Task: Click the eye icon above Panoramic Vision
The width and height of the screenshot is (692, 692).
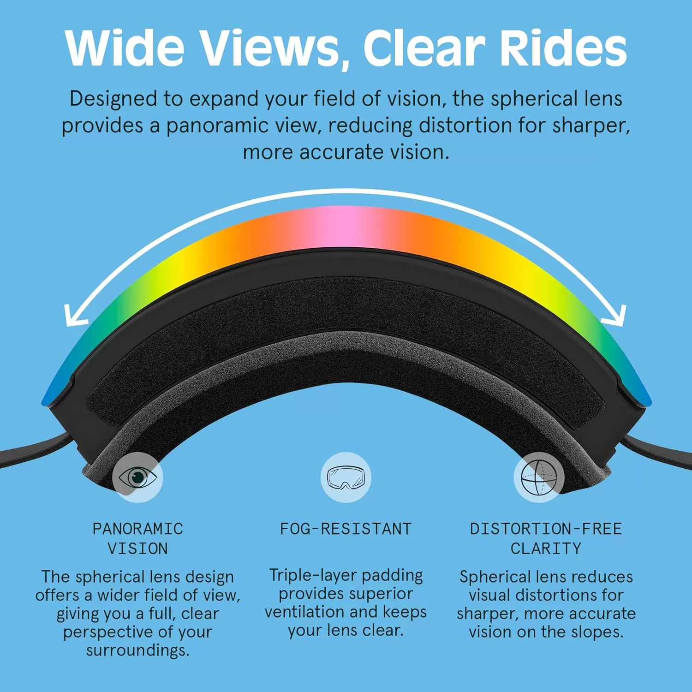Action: click(137, 477)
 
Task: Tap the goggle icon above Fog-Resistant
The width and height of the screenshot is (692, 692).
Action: click(346, 477)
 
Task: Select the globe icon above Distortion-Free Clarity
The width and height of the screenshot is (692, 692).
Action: click(539, 477)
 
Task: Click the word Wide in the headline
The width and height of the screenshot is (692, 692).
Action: click(125, 48)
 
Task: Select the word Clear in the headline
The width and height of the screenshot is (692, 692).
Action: click(424, 48)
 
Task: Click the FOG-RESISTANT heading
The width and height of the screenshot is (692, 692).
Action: click(346, 529)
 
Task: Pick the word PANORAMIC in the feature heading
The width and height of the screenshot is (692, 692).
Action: click(138, 529)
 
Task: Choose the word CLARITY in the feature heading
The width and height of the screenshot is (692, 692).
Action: click(546, 549)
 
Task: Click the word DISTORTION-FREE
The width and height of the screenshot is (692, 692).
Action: click(546, 529)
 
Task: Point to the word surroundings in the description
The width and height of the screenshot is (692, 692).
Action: click(137, 651)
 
